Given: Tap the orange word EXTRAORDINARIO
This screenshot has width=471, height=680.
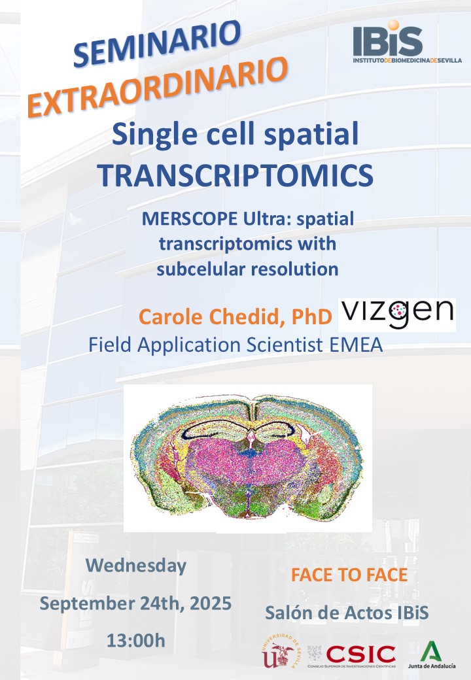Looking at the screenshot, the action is (158, 88).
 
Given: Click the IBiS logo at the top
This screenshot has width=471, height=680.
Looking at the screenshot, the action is (407, 42).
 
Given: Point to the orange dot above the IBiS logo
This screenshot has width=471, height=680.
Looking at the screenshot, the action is (393, 25).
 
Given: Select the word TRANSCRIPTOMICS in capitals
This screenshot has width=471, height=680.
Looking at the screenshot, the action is (235, 175).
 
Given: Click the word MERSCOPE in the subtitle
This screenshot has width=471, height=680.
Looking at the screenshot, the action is (189, 219).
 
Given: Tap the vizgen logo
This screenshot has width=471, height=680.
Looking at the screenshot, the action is (396, 315).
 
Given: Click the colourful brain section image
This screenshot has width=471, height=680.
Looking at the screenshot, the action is (248, 458).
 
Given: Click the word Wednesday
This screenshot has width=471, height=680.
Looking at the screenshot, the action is (136, 566).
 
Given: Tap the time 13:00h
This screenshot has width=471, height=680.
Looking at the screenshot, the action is (136, 641).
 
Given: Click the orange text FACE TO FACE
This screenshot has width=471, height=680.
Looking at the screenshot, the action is (349, 575).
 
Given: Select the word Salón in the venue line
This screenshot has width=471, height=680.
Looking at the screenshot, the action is (287, 613).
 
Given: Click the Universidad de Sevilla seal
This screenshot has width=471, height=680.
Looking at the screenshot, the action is (280, 651).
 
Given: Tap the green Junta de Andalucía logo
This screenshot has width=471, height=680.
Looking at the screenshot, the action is (432, 654).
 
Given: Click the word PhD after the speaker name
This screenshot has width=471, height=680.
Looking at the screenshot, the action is (311, 317).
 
